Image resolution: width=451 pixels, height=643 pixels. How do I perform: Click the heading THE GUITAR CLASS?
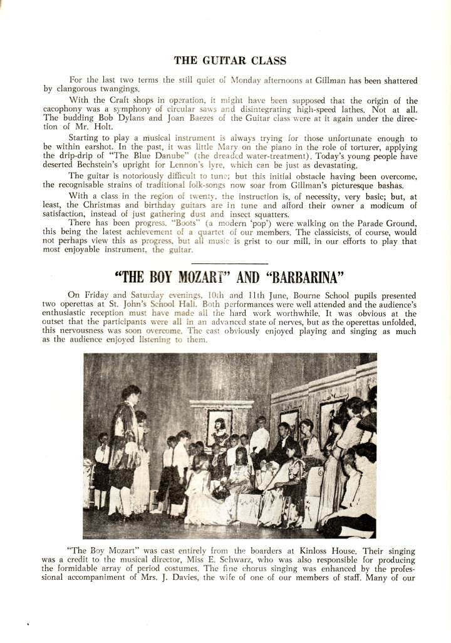coord(230,61)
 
